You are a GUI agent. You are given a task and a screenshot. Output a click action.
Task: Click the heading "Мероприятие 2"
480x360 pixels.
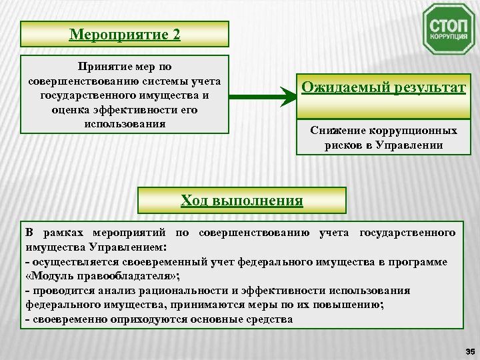(x=125, y=34)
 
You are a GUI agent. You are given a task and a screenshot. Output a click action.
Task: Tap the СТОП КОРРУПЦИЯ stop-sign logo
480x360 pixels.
(x=449, y=29)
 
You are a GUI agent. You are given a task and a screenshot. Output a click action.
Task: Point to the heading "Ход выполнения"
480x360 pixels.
(x=242, y=200)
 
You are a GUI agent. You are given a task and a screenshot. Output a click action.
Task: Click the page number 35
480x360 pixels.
(x=469, y=351)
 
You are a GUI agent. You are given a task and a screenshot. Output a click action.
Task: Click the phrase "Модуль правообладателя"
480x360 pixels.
(x=100, y=276)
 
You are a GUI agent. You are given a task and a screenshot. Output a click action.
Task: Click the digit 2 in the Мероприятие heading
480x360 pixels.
(x=176, y=34)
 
